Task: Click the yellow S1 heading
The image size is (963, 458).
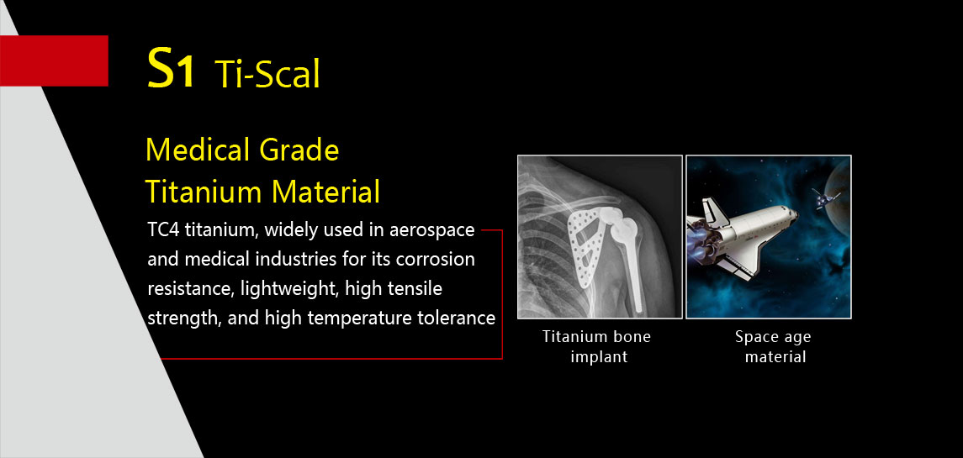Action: point(172,69)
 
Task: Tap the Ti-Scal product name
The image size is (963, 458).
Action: point(267,75)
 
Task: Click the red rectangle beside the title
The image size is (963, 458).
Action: point(54,61)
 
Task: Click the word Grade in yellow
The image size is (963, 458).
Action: point(299,151)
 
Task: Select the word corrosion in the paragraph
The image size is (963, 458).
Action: point(436,259)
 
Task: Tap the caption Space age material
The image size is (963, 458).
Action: point(774,346)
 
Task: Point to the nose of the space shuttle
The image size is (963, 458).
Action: point(791,215)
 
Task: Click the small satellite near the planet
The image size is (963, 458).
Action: point(825,199)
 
